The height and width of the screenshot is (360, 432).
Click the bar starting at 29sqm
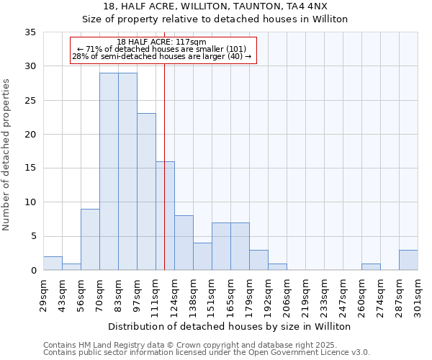click(53, 264)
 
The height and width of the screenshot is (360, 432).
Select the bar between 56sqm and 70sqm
click(90, 240)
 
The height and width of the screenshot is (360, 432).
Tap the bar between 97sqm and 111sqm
click(146, 192)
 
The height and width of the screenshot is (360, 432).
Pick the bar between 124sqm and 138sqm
click(184, 243)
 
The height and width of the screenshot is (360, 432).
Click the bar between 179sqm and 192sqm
click(258, 260)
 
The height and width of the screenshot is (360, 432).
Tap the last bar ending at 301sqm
click(408, 260)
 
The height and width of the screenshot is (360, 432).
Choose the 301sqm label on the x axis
click(418, 300)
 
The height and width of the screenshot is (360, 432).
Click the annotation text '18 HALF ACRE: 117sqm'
click(161, 42)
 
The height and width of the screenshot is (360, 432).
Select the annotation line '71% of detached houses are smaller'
click(161, 49)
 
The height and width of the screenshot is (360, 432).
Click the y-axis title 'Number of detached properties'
click(6, 154)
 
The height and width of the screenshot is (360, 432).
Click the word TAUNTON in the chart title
click(240, 6)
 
